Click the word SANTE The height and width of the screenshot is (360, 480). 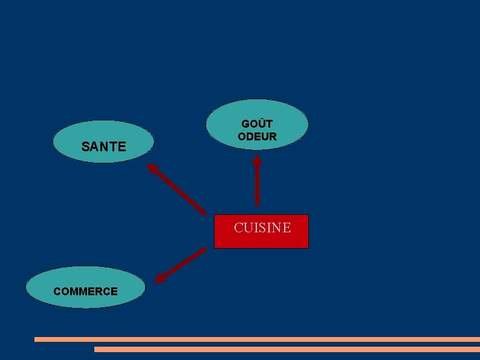coord(103,146)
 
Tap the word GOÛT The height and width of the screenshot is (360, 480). coord(257,124)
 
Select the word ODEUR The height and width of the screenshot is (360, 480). coord(257,137)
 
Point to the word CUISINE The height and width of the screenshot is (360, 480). coord(262,227)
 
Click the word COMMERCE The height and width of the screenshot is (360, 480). coord(85,291)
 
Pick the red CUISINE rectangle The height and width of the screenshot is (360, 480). coord(261,239)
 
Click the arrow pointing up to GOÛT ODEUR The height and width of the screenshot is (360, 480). coord(257,185)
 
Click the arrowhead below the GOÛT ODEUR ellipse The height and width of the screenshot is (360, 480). coord(257,161)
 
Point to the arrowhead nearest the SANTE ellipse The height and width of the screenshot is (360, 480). coord(153,168)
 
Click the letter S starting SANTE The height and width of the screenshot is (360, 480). coord(85,146)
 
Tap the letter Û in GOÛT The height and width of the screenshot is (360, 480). coord(260,124)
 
